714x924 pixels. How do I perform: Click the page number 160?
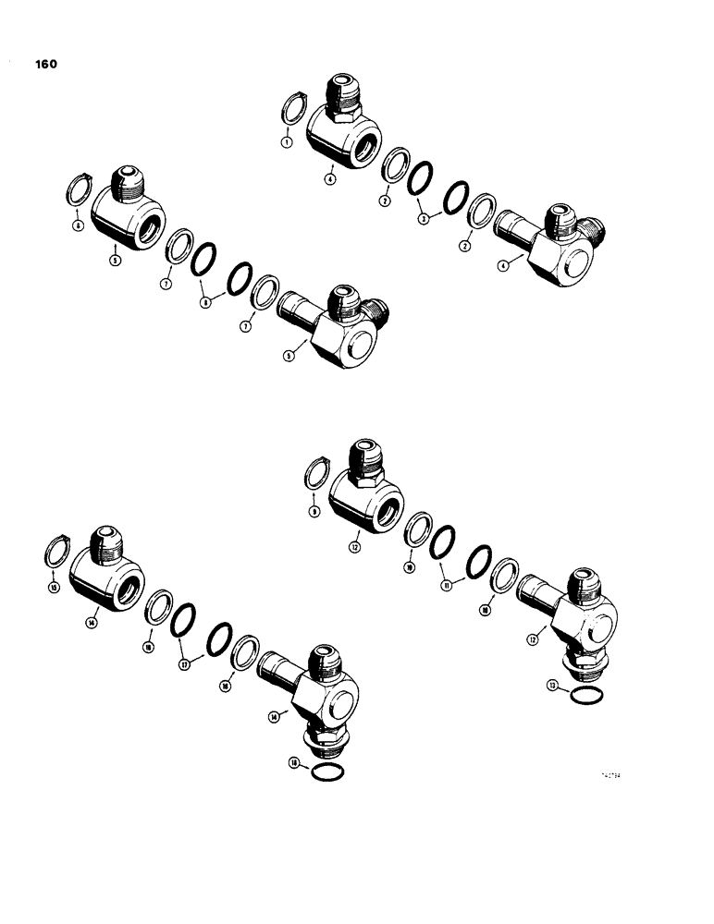[45, 65]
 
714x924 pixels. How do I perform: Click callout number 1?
[287, 143]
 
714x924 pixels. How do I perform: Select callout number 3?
[423, 219]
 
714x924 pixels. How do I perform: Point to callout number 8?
[205, 300]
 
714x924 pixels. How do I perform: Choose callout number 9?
[314, 511]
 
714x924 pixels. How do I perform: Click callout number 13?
[551, 687]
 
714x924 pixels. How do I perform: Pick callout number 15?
[54, 588]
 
